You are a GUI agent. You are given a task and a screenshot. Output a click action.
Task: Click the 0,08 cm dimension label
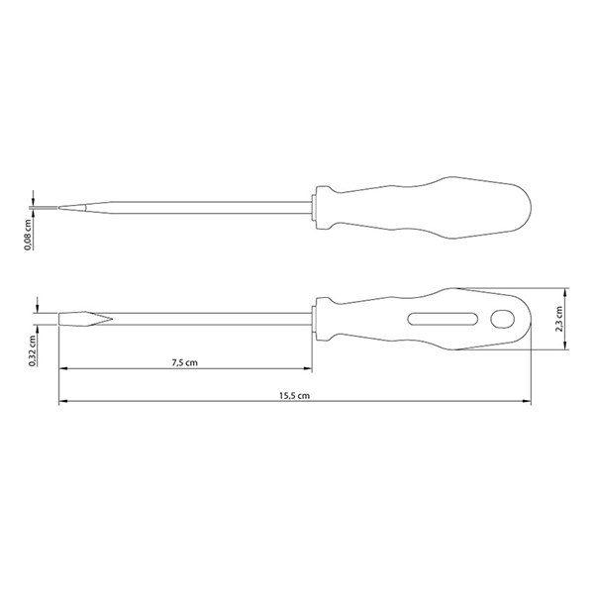click(28, 235)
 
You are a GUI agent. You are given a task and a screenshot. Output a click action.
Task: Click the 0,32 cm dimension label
click(33, 350)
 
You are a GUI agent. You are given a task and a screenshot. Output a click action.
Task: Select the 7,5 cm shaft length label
click(184, 362)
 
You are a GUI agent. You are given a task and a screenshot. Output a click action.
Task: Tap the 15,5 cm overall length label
click(294, 396)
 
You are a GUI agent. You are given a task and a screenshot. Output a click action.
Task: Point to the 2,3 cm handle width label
click(558, 319)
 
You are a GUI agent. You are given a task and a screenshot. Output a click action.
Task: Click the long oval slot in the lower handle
click(443, 319)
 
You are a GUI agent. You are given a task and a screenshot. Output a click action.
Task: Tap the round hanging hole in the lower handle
click(502, 319)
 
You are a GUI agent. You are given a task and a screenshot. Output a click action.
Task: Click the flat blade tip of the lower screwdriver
click(59, 319)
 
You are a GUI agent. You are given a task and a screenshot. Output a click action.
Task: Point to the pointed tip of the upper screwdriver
click(59, 208)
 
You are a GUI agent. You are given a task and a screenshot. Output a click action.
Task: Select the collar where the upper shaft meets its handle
click(313, 208)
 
